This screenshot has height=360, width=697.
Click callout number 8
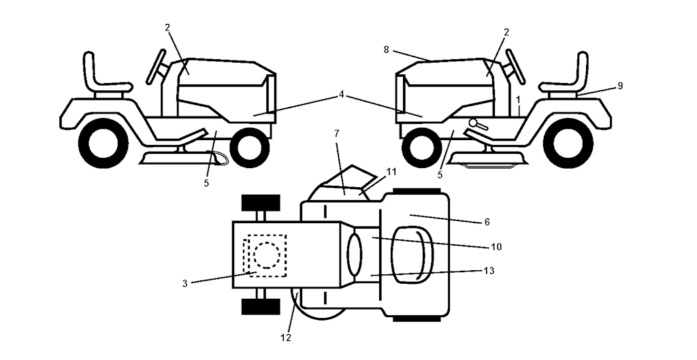click(x=386, y=50)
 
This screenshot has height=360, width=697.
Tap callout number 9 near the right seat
click(x=620, y=86)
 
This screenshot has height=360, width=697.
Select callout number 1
click(x=518, y=99)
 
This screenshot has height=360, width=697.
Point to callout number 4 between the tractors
click(x=341, y=94)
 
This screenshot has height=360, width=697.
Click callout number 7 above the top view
click(x=336, y=133)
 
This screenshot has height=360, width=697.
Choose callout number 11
click(x=391, y=171)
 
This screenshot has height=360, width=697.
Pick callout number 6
click(x=487, y=222)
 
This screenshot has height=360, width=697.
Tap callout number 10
click(x=496, y=246)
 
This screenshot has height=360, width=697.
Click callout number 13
click(x=489, y=271)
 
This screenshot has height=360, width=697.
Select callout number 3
click(x=185, y=284)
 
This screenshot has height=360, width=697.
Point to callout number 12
click(x=286, y=338)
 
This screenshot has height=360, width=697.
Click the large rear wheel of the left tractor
click(x=103, y=143)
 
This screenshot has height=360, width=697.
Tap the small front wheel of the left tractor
click(x=249, y=148)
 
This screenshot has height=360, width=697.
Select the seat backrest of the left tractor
click(x=89, y=70)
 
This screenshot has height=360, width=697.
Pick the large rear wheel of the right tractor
click(x=568, y=143)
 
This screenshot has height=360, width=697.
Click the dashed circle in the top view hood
click(x=266, y=255)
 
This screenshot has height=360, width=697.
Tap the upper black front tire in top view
click(x=261, y=203)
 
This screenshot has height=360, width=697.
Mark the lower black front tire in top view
click(x=261, y=307)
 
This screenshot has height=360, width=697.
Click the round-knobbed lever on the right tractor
click(x=479, y=125)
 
